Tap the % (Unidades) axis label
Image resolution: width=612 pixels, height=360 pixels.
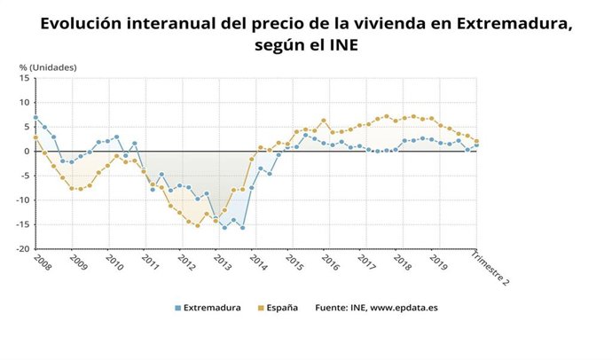48,67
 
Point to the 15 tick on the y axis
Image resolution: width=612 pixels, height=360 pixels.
26,78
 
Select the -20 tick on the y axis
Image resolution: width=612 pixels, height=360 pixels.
24,249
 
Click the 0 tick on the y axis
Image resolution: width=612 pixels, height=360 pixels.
27,152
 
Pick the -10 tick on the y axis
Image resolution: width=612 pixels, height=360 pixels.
24,200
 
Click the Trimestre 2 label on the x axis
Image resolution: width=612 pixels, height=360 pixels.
490,270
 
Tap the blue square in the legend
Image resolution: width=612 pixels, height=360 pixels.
177,309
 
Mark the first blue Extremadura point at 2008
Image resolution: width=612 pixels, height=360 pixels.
35,117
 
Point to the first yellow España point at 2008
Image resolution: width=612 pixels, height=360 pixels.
35,137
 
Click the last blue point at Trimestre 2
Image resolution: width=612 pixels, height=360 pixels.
476,145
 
